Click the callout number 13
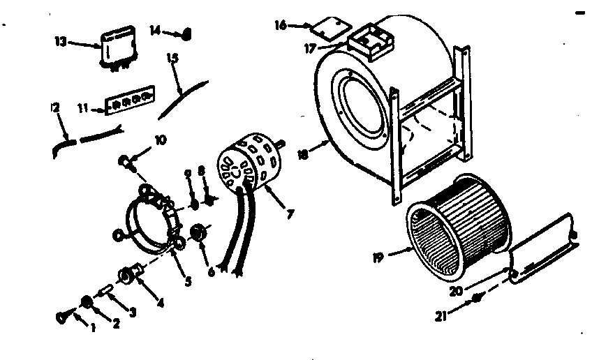pyautogui.click(x=60, y=42)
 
